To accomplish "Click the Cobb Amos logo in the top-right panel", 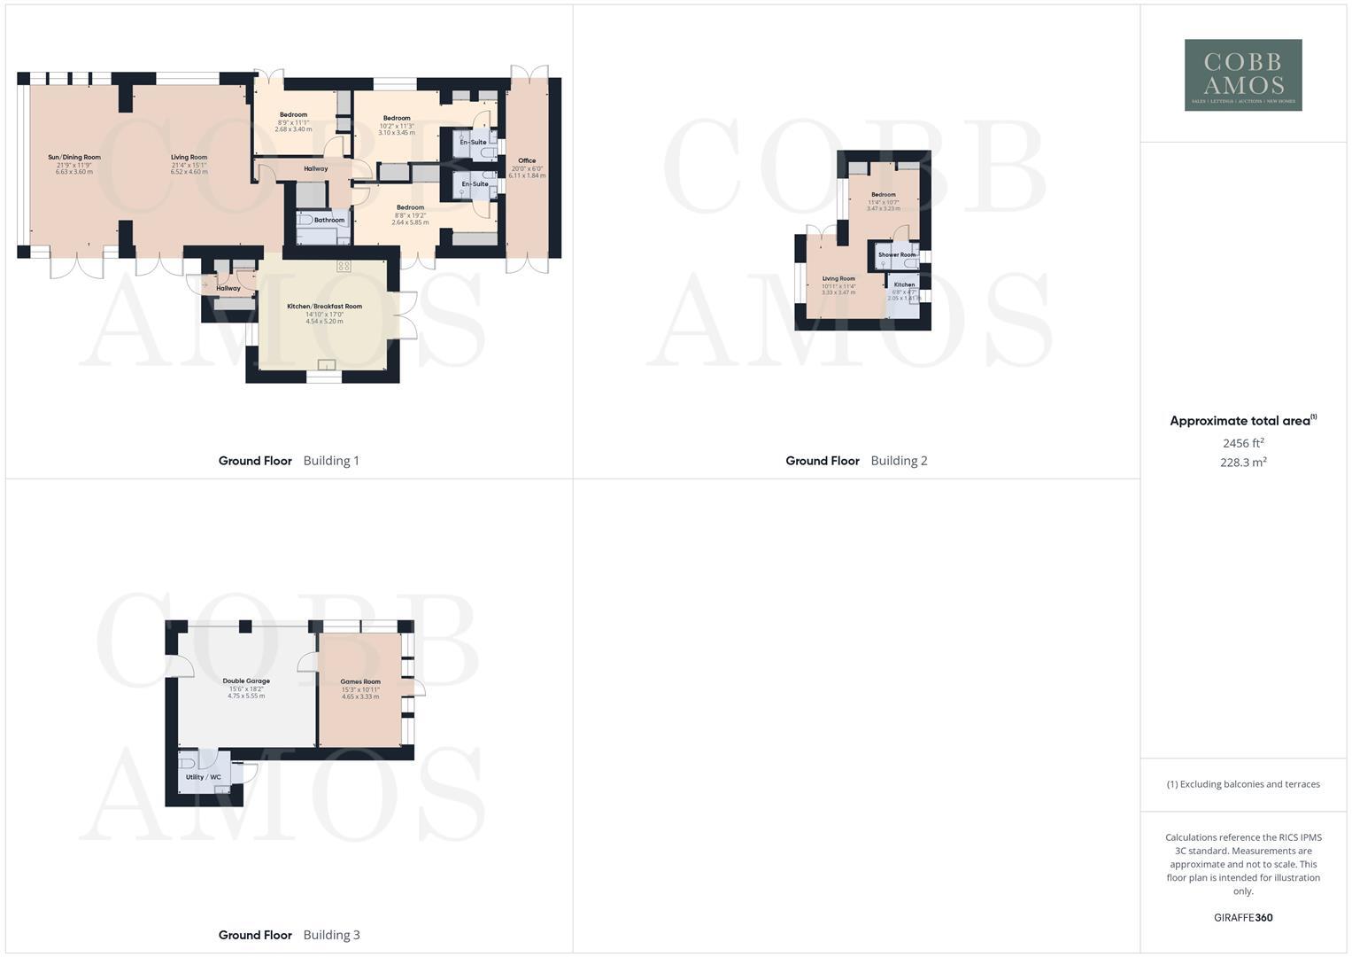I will point(1243,74).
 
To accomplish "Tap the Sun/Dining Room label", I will point(74,158).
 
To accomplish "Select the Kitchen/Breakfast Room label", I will point(324,307).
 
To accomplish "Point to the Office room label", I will point(527,161).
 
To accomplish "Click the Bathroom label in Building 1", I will point(329,220).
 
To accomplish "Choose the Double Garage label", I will point(246,681).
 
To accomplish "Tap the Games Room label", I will point(360,681).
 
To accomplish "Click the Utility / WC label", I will point(204,777).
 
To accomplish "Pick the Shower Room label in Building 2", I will point(897,255).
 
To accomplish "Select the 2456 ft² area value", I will point(1243,443).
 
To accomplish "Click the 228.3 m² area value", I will point(1243,463).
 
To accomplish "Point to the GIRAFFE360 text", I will point(1243,918).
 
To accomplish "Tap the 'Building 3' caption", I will point(331,935).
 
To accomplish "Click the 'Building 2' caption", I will point(899,461).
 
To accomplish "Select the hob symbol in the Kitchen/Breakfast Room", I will point(344,266).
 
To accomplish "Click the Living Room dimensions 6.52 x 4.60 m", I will point(189,172).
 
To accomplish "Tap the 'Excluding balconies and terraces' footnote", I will point(1243,784).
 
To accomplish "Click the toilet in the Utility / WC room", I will point(187,761).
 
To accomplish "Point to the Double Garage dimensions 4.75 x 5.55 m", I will point(246,696).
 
